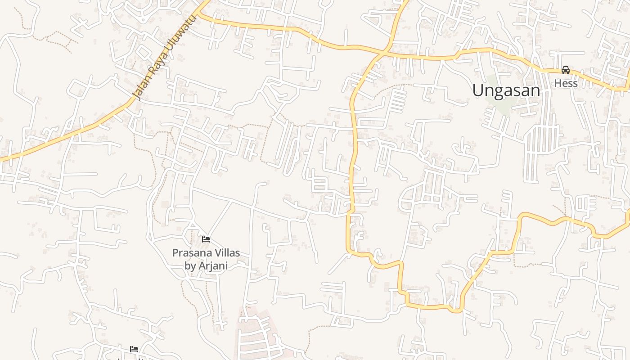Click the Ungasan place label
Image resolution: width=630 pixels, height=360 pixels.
pyautogui.click(x=506, y=90)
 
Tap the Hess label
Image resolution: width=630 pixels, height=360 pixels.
pyautogui.click(x=566, y=83)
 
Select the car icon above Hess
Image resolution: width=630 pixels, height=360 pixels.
pyautogui.click(x=566, y=70)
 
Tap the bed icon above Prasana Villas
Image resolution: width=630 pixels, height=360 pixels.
pyautogui.click(x=206, y=239)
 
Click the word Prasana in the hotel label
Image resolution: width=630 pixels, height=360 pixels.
pyautogui.click(x=189, y=252)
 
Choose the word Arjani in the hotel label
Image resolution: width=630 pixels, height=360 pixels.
pyautogui.click(x=212, y=265)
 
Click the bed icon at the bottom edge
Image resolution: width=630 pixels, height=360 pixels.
pyautogui.click(x=134, y=349)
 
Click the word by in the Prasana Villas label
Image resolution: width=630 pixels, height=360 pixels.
pyautogui.click(x=190, y=265)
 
